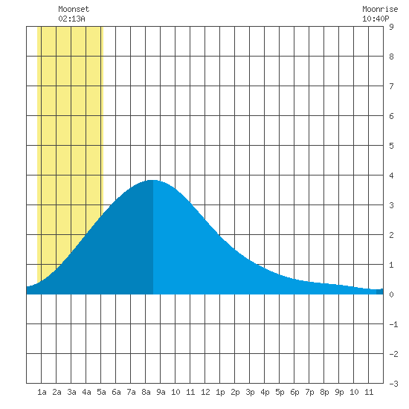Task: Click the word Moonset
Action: (74, 9)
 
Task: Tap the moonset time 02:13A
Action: (71, 19)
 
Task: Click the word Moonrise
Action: (380, 9)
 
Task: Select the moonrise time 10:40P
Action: (376, 19)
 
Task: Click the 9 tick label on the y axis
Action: (391, 27)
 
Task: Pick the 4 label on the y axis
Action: (391, 175)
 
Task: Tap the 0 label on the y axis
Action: (391, 294)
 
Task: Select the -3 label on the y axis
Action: (393, 384)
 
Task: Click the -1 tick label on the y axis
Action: (393, 324)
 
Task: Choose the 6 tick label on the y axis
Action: (391, 116)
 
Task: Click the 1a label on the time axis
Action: (42, 392)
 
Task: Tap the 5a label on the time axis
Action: (101, 392)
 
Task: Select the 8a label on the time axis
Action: (146, 392)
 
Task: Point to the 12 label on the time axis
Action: (205, 392)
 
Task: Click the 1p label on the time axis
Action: (220, 392)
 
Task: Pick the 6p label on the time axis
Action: (294, 392)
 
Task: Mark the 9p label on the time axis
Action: (339, 392)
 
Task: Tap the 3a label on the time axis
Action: (71, 392)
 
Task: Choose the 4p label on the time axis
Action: (265, 392)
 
